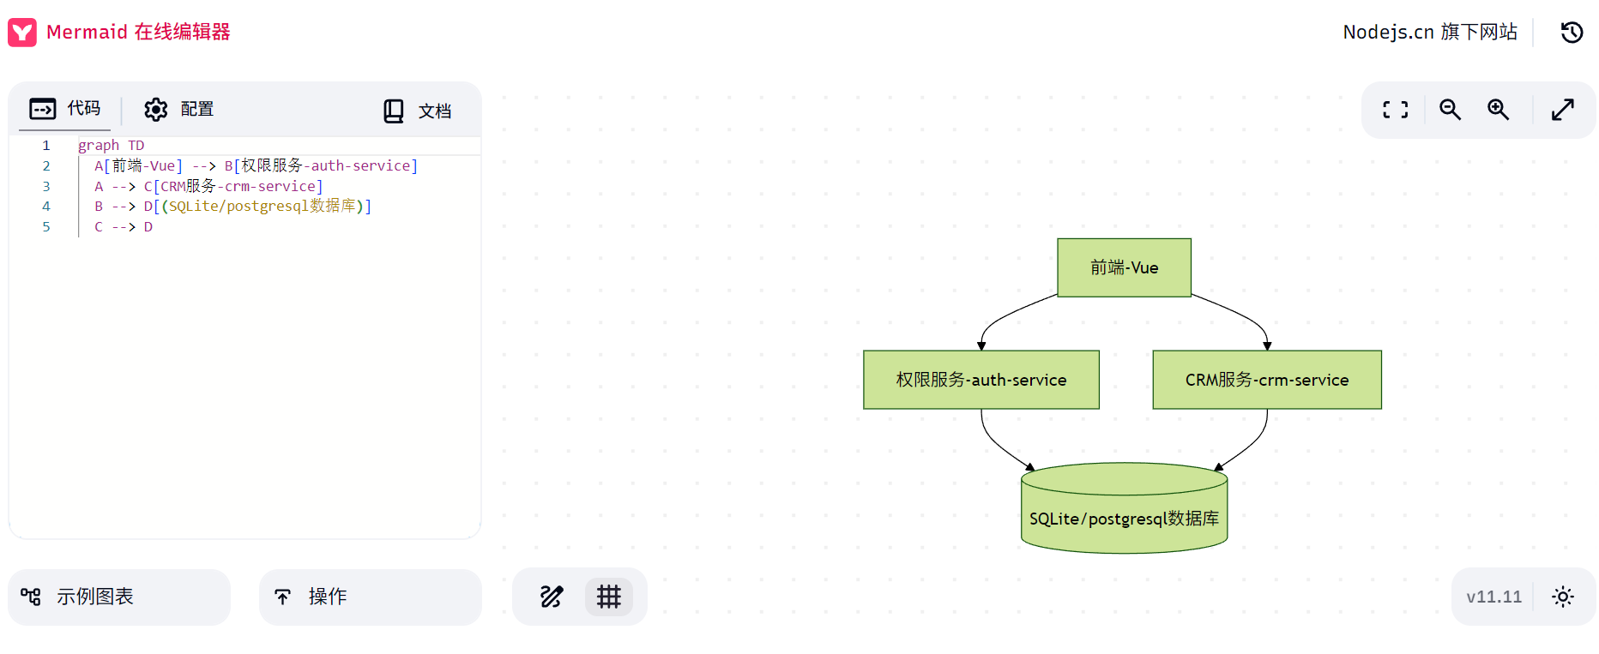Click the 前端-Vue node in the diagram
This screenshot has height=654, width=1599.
pyautogui.click(x=1124, y=267)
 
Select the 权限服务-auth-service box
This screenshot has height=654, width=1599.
pyautogui.click(x=981, y=380)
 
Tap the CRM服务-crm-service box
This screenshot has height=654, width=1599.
pyautogui.click(x=1267, y=380)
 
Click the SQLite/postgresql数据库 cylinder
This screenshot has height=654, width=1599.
pyautogui.click(x=1124, y=508)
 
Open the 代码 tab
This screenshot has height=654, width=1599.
pyautogui.click(x=65, y=109)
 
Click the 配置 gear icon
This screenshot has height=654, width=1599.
pyautogui.click(x=156, y=109)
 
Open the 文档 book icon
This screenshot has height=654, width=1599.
pyautogui.click(x=394, y=111)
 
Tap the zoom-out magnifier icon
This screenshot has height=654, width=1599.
pyautogui.click(x=1450, y=109)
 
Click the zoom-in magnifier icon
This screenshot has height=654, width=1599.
pyautogui.click(x=1498, y=109)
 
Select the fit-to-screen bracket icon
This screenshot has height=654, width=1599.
pyautogui.click(x=1395, y=109)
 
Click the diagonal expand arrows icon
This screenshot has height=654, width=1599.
pyautogui.click(x=1563, y=109)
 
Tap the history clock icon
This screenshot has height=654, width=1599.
pyautogui.click(x=1572, y=33)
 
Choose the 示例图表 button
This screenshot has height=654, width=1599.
pyautogui.click(x=119, y=597)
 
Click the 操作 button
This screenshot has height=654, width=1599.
pyautogui.click(x=371, y=597)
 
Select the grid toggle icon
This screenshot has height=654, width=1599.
pyautogui.click(x=609, y=597)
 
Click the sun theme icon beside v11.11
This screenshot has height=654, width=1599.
pyautogui.click(x=1563, y=597)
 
